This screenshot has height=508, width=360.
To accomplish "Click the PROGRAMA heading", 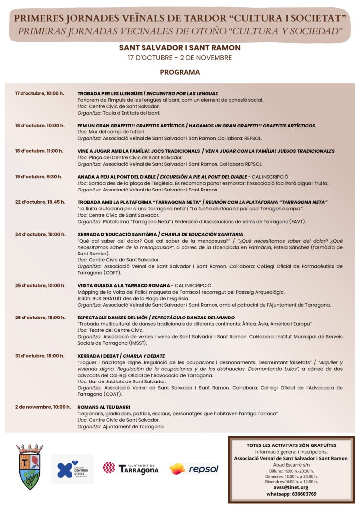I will coord(180,72).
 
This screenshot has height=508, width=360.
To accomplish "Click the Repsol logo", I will coord(194,469).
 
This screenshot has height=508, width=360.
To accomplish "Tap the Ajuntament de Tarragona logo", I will coord(131,468).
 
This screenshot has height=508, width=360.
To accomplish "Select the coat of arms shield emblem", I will coord(29,466).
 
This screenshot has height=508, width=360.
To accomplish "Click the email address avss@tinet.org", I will coord(291,487).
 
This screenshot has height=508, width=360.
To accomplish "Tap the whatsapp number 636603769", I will coord(291,494).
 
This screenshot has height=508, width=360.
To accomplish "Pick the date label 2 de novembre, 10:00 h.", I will coord(43,407).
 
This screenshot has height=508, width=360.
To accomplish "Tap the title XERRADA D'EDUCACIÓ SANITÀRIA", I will coord(118,234).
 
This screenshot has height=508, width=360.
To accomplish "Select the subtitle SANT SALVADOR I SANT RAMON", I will coord(180,48).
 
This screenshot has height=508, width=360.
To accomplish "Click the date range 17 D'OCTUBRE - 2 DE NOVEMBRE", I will coord(180,58).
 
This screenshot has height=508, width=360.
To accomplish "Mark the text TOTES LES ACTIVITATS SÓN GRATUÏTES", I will coord(291,445).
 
